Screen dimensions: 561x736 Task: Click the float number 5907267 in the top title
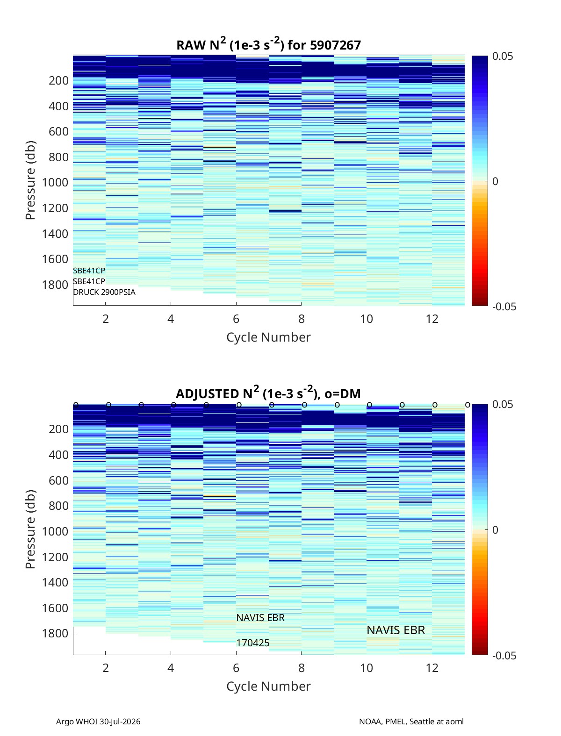tap(335, 45)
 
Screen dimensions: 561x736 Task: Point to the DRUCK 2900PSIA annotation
tap(104, 292)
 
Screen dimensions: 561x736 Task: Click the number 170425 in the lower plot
tap(253, 643)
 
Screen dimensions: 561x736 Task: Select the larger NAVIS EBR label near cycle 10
tap(396, 630)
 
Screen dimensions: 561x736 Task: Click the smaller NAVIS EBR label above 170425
tap(260, 617)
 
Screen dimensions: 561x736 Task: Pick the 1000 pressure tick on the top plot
tap(55, 182)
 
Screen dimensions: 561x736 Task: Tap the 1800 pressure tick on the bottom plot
tap(55, 633)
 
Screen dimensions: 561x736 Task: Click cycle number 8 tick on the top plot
tap(301, 319)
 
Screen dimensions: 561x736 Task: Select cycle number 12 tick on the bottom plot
tap(432, 668)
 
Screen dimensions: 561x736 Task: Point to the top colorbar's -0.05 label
tap(504, 307)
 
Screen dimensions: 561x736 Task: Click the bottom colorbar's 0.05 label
tap(502, 404)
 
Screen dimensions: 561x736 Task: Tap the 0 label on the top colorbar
tap(495, 181)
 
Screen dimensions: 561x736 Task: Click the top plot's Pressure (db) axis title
tap(30, 180)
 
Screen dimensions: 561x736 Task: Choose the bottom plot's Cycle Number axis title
tap(269, 686)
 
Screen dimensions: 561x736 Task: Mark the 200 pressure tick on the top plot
tap(58, 80)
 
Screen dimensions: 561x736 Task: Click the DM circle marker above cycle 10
tap(369, 405)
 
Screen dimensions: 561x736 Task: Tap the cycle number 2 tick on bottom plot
tap(105, 668)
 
